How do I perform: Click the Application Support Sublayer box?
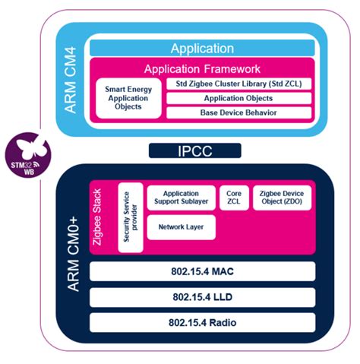click(181, 199)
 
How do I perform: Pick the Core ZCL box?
click(233, 199)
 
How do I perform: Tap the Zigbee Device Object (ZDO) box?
click(281, 199)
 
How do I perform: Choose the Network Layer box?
click(181, 227)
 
